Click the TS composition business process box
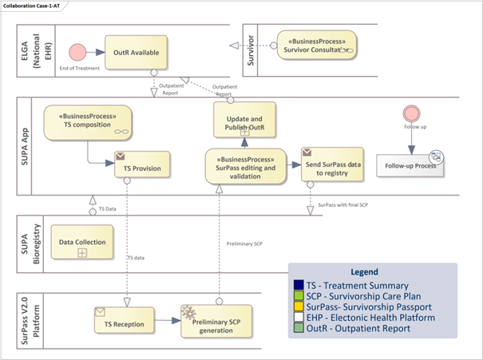88,124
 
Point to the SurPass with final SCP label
342,205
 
